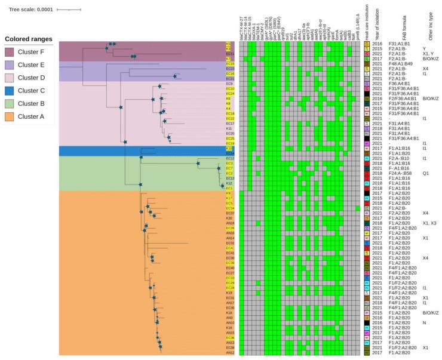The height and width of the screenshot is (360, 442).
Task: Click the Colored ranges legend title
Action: [27, 39]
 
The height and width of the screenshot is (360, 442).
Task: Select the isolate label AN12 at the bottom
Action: [230, 352]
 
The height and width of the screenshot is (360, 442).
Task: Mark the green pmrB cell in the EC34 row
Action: [358, 208]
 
